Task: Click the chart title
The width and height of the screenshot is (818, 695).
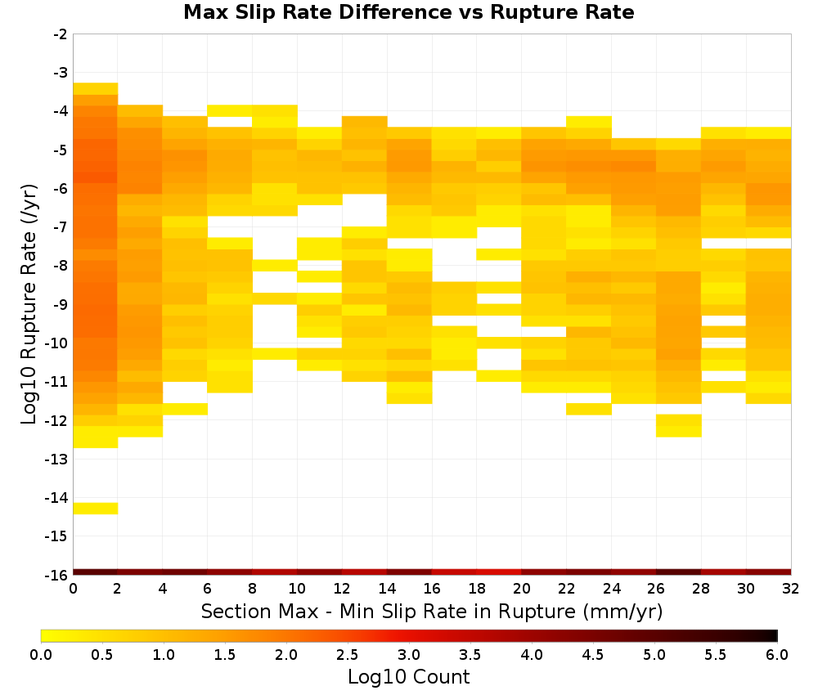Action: pyautogui.click(x=408, y=11)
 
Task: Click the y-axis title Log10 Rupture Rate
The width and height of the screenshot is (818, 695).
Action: pyautogui.click(x=29, y=304)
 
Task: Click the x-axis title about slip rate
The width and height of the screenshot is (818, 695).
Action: pyautogui.click(x=431, y=611)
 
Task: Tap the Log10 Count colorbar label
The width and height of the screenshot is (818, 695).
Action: pyautogui.click(x=408, y=677)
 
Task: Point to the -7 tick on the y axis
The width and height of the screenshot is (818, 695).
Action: pyautogui.click(x=61, y=226)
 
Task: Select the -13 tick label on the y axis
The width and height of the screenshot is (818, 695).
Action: pyautogui.click(x=57, y=459)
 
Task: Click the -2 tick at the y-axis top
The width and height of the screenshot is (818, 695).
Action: pyautogui.click(x=61, y=34)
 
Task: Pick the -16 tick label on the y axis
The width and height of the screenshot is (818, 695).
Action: pyautogui.click(x=57, y=575)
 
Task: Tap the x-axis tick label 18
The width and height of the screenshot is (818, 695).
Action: pyautogui.click(x=477, y=589)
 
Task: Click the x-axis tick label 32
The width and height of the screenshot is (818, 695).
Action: pyautogui.click(x=791, y=589)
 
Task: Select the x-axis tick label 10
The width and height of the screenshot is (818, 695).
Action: pyautogui.click(x=297, y=589)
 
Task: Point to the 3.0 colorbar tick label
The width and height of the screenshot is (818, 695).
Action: pyautogui.click(x=409, y=655)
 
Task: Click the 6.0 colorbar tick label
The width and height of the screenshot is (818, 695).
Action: pyautogui.click(x=777, y=655)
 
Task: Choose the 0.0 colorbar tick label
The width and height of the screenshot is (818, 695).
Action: pyautogui.click(x=41, y=655)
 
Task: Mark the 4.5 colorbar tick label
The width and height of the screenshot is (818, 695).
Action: pyautogui.click(x=593, y=655)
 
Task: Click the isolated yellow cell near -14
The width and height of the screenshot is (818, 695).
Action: pyautogui.click(x=96, y=509)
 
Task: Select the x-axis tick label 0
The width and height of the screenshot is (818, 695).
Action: pyautogui.click(x=73, y=589)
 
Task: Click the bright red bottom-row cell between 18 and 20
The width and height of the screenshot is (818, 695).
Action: pyautogui.click(x=499, y=572)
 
